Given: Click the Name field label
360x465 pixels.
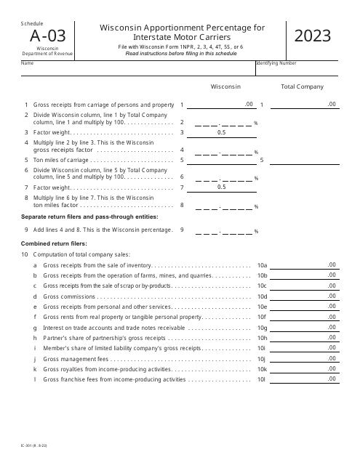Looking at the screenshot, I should click(x=27, y=63).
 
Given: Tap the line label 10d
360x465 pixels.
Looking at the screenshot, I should click(x=263, y=296).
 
